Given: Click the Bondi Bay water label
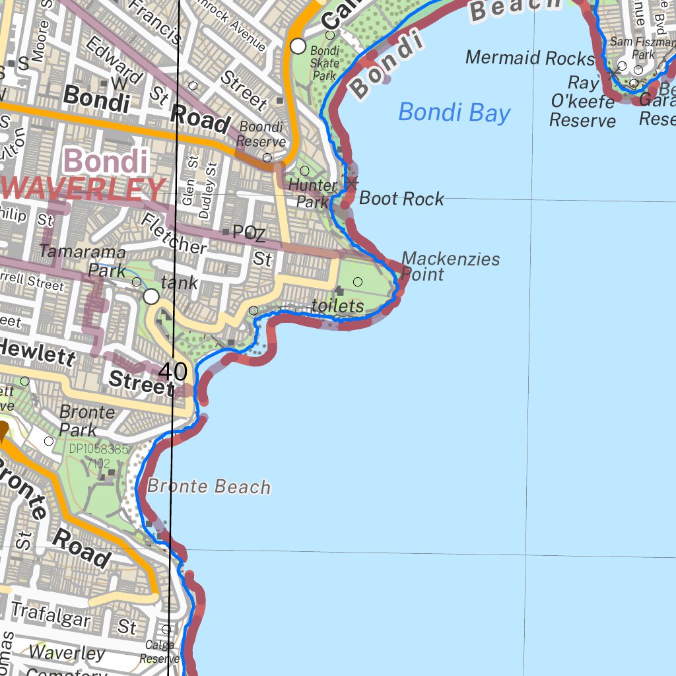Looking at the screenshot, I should pos(454,113).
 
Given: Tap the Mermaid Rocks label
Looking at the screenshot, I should pos(529,58).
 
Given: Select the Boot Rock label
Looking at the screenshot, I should pos(401,199).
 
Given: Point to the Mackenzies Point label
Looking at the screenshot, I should pos(450,266).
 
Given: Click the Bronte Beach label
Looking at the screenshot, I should pos(209,487).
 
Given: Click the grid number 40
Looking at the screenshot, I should pos(173,372).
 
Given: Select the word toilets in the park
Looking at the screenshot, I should pos(337,306).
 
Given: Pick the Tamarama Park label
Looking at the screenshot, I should pos(83,261).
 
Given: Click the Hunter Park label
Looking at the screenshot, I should pos(313,193).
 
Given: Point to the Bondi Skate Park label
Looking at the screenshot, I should pos(324,63).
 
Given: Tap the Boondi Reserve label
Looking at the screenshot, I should pos(261,133).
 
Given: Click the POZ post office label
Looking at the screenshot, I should pos(249,233).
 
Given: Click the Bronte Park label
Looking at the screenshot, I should pos(86,421).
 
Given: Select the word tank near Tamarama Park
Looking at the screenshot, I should pos(179,283).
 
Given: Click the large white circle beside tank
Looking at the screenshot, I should pos(151,296).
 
